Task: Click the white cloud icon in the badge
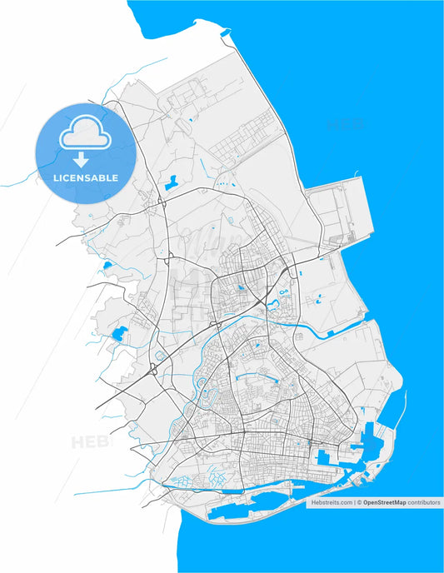click(x=87, y=133)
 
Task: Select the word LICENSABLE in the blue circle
click(x=87, y=177)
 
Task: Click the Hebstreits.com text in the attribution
click(x=332, y=503)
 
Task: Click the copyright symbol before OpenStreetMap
click(x=358, y=503)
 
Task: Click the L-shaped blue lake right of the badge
click(x=172, y=182)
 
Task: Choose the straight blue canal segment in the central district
click(x=255, y=378)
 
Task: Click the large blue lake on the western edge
click(x=117, y=336)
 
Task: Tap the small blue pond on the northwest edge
click(x=106, y=267)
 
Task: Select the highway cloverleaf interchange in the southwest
click(x=156, y=366)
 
